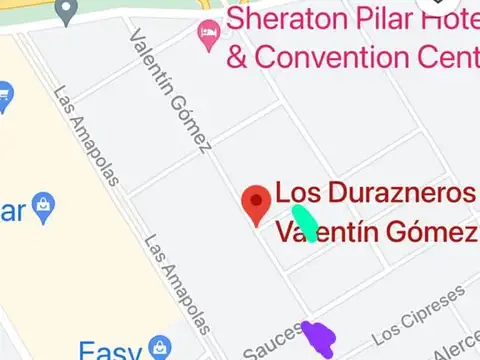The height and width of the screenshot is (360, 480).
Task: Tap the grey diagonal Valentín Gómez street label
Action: [169, 90]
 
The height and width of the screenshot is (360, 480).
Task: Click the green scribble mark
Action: [305, 223]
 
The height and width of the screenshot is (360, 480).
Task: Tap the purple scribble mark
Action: [320, 338]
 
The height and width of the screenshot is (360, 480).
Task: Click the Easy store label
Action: [109, 351]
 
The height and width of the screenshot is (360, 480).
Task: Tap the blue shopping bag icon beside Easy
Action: [158, 348]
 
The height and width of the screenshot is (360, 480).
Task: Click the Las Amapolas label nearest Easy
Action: [177, 284]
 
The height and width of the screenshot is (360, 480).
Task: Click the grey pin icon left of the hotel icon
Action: [67, 11]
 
